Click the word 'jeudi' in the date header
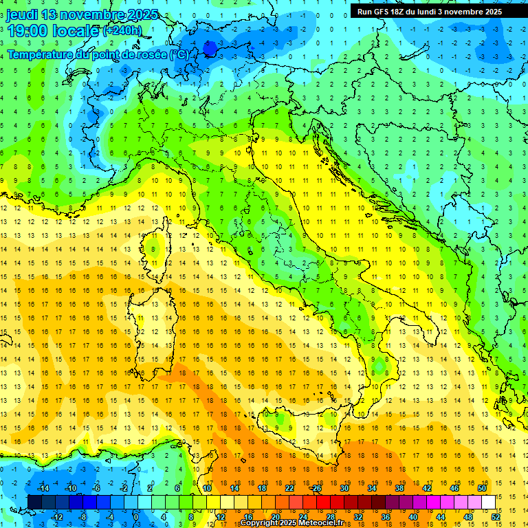tap(22, 14)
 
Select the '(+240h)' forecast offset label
tap(122, 31)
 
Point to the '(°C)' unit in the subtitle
tap(178, 54)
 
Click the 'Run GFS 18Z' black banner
tap(429, 12)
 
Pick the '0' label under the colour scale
tap(135, 516)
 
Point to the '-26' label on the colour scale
tap(316, 488)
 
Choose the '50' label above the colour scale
tap(482, 488)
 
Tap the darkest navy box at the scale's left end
tap(34, 502)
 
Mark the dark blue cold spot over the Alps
tap(210, 48)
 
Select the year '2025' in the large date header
tap(142, 14)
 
